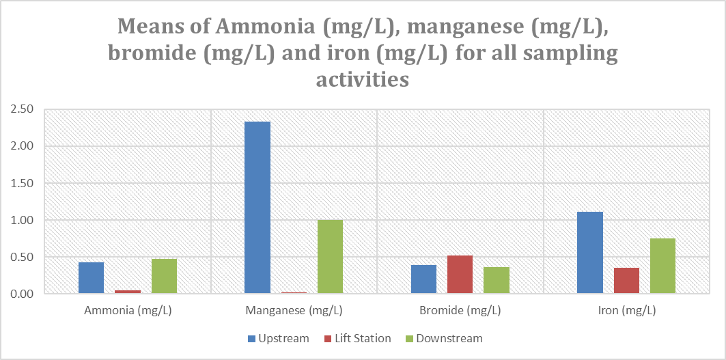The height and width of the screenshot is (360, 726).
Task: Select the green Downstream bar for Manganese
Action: (x=330, y=257)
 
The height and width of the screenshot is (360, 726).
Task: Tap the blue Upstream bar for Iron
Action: (x=590, y=253)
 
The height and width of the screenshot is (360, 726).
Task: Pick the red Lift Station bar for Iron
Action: (x=626, y=281)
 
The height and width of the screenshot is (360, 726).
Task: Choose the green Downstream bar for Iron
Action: (x=662, y=266)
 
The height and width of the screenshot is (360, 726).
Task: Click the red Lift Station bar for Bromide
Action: (x=460, y=275)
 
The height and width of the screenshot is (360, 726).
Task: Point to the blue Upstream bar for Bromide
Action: (x=423, y=279)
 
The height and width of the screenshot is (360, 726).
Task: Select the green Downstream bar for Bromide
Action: (x=496, y=280)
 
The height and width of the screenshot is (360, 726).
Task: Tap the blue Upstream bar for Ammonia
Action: (x=91, y=278)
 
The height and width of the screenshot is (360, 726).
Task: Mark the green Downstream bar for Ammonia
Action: (x=164, y=276)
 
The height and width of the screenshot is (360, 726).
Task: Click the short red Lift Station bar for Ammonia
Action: (x=128, y=292)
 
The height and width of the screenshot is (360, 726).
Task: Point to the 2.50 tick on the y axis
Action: (x=22, y=109)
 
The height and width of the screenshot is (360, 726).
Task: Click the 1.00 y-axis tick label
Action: (x=22, y=220)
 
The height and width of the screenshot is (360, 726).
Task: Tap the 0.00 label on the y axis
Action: (x=22, y=294)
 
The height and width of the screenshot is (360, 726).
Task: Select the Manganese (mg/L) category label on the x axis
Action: (x=294, y=311)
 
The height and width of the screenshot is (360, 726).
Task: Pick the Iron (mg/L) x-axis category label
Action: (x=626, y=311)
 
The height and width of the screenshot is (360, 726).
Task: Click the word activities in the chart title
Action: (x=362, y=80)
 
